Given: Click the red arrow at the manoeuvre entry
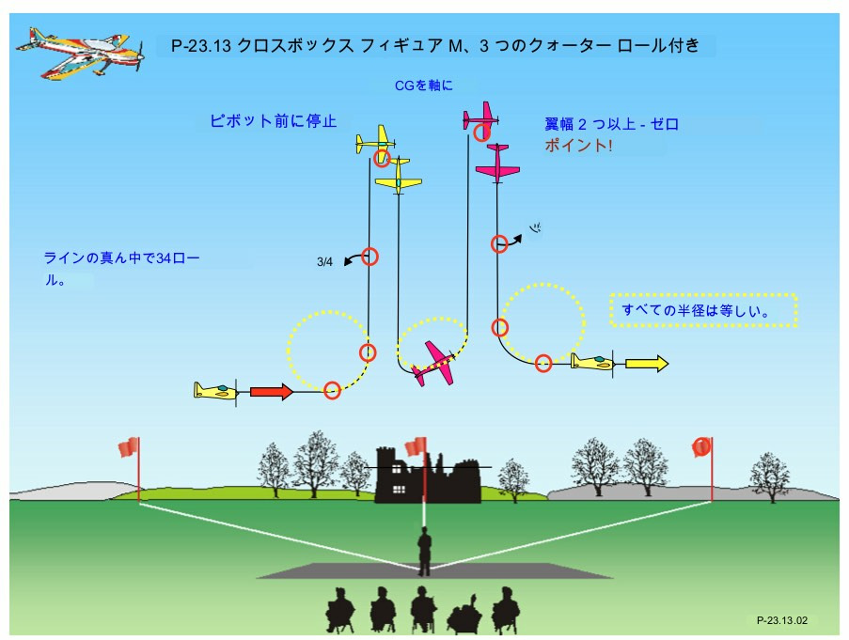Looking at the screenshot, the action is pos(272,391).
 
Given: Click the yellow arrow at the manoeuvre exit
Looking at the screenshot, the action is pos(647,364).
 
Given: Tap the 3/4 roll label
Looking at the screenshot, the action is pos(324,262).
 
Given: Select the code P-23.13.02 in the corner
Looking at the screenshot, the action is pos(782,620).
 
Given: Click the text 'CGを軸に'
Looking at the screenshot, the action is pos(423,86).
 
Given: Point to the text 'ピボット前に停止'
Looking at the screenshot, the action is pos(273,120).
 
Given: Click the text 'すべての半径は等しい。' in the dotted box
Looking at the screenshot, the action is pos(696,310).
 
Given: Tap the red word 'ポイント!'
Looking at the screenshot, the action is pos(578,145).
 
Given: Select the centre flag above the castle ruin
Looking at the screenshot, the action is pos(416,446).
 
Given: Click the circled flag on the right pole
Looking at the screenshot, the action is pos(701,446).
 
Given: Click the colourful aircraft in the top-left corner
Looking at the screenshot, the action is pos(81,53).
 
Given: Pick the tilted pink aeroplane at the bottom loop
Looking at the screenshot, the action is pos(434,364).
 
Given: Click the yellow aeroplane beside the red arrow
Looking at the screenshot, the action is pos(216,391).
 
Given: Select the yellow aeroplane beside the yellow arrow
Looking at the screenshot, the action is pos(593,362).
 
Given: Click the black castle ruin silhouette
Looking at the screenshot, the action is pos(427,475).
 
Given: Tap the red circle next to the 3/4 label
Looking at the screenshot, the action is pos(369,257).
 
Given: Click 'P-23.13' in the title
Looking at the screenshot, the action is pos(201,45).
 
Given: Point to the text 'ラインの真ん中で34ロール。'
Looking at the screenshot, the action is pos(122,269).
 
